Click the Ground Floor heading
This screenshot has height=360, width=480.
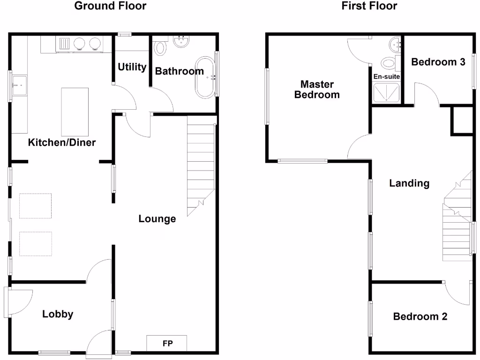click(x=111, y=6)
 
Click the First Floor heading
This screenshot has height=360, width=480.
click(x=369, y=6)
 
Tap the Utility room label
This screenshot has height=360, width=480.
click(x=132, y=67)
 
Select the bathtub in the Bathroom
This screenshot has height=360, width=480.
click(x=205, y=77)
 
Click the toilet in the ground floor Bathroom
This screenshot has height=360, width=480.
click(x=160, y=48)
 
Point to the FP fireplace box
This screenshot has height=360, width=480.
click(x=167, y=343)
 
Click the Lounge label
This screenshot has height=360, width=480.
click(x=157, y=218)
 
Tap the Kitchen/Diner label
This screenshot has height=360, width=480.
click(x=62, y=142)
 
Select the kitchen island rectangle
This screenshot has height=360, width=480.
click(x=75, y=111)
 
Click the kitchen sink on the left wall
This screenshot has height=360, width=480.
click(x=19, y=85)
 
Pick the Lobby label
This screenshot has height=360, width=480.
click(x=58, y=314)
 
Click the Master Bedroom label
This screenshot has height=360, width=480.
click(x=317, y=90)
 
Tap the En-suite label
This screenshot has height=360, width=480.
click(x=386, y=76)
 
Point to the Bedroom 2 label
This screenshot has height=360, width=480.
click(x=420, y=316)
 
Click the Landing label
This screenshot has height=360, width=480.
click(x=409, y=183)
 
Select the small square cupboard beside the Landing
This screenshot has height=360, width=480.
click(x=461, y=121)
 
